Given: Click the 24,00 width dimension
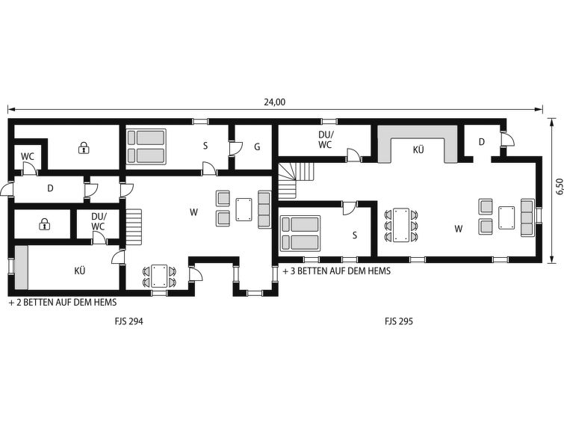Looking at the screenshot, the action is point(274,102).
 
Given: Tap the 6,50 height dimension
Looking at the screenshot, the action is point(559,187).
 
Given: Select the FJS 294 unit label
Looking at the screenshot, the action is point(128,321).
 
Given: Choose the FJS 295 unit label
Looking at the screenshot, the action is point(399,321).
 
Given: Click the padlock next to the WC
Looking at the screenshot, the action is point(84,147).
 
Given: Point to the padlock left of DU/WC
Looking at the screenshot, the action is point(44,224).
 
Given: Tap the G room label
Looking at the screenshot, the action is point(257,147).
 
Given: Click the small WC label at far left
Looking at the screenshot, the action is point(28,157).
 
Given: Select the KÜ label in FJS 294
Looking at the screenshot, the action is point(79,271).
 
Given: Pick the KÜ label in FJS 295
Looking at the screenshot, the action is point(418,149).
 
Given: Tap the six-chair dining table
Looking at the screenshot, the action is point(401,226).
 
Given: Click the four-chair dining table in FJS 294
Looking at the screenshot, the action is point(159,276).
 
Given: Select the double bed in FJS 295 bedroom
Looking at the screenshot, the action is point(300,233).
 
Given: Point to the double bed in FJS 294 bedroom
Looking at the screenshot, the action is point(146,146).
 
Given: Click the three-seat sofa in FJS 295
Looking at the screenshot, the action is point(527,217).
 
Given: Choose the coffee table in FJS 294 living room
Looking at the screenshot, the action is point(244,209).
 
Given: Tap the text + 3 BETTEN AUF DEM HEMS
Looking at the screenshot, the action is point(337,271).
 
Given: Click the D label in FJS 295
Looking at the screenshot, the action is point(482,142).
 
